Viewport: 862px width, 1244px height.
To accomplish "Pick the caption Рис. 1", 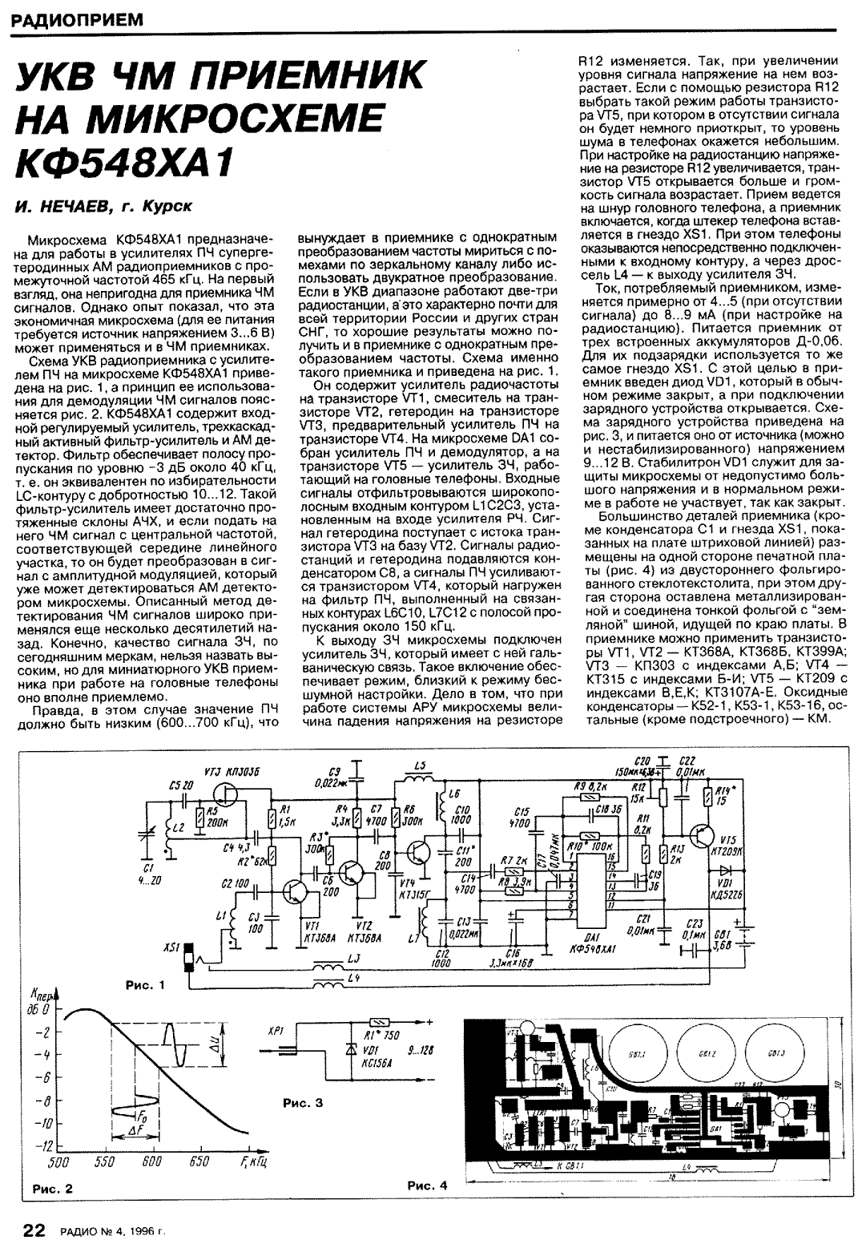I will pos(145,985).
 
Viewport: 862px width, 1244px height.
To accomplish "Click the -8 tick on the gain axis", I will pos(38,1100).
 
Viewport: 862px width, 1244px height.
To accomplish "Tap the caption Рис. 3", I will pos(303,1104).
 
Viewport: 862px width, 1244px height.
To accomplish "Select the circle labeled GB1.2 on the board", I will pos(706,1050).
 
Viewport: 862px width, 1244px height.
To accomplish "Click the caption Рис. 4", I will pos(428,1185).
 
